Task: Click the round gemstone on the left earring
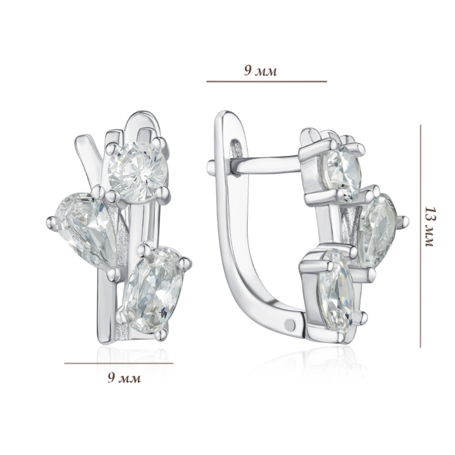tap(138, 172)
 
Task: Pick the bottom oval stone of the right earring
tap(337, 289)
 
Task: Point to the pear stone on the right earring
tap(377, 231)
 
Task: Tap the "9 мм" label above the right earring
tap(260, 70)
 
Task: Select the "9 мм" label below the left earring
tap(124, 378)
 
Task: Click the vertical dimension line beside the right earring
tap(420, 236)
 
